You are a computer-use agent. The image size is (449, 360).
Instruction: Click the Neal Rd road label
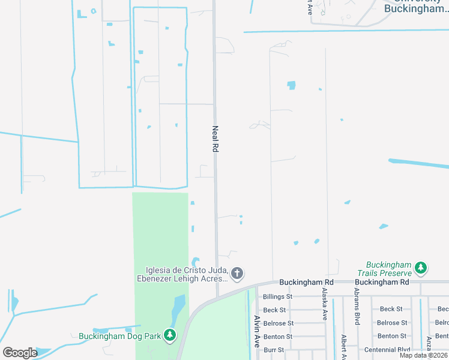214,139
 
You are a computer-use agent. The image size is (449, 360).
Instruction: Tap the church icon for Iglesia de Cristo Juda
237,274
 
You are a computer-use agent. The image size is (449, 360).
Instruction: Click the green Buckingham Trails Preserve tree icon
421,268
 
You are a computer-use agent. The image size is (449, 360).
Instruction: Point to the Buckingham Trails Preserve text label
390,268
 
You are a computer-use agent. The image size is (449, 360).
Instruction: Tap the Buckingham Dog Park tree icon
170,335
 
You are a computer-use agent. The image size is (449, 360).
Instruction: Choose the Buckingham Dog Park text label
120,336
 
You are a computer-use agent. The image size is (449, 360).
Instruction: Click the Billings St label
278,296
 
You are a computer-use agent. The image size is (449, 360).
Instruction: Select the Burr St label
273,349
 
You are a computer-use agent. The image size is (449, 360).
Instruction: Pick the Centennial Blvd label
387,349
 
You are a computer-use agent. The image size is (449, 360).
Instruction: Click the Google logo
20,352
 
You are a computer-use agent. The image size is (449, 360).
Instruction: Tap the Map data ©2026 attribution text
424,355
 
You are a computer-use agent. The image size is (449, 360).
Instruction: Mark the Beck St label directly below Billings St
274,310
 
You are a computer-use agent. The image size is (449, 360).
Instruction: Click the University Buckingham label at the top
414,6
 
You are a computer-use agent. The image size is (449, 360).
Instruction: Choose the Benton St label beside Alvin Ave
278,336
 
